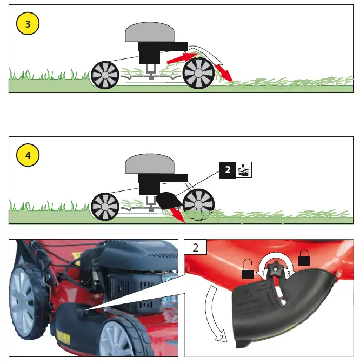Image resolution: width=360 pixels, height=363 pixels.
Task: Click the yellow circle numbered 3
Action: (28, 25)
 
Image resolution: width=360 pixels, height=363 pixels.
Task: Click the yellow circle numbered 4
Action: (28, 155)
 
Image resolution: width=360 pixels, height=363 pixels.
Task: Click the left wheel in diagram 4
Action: (104, 206)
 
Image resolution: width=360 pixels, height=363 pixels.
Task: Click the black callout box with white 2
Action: (228, 170)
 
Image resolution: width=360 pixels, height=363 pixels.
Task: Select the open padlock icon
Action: (247, 269)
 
